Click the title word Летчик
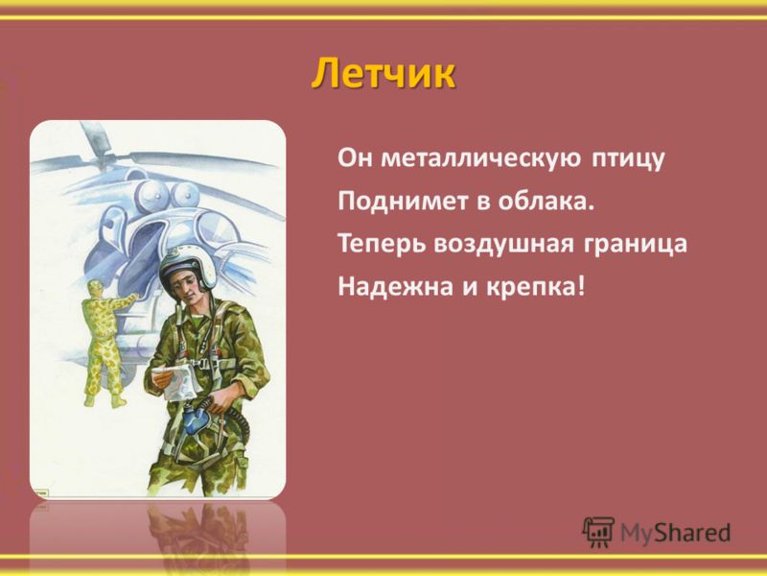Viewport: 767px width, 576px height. point(383,74)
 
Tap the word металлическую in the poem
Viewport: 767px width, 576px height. point(481,158)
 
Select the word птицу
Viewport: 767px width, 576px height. point(628,159)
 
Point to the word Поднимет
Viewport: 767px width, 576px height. point(403,202)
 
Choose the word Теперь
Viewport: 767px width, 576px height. point(382,244)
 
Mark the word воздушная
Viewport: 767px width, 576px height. point(502,245)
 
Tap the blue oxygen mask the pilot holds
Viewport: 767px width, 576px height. point(197,420)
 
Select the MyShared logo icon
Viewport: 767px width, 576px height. point(598,532)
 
